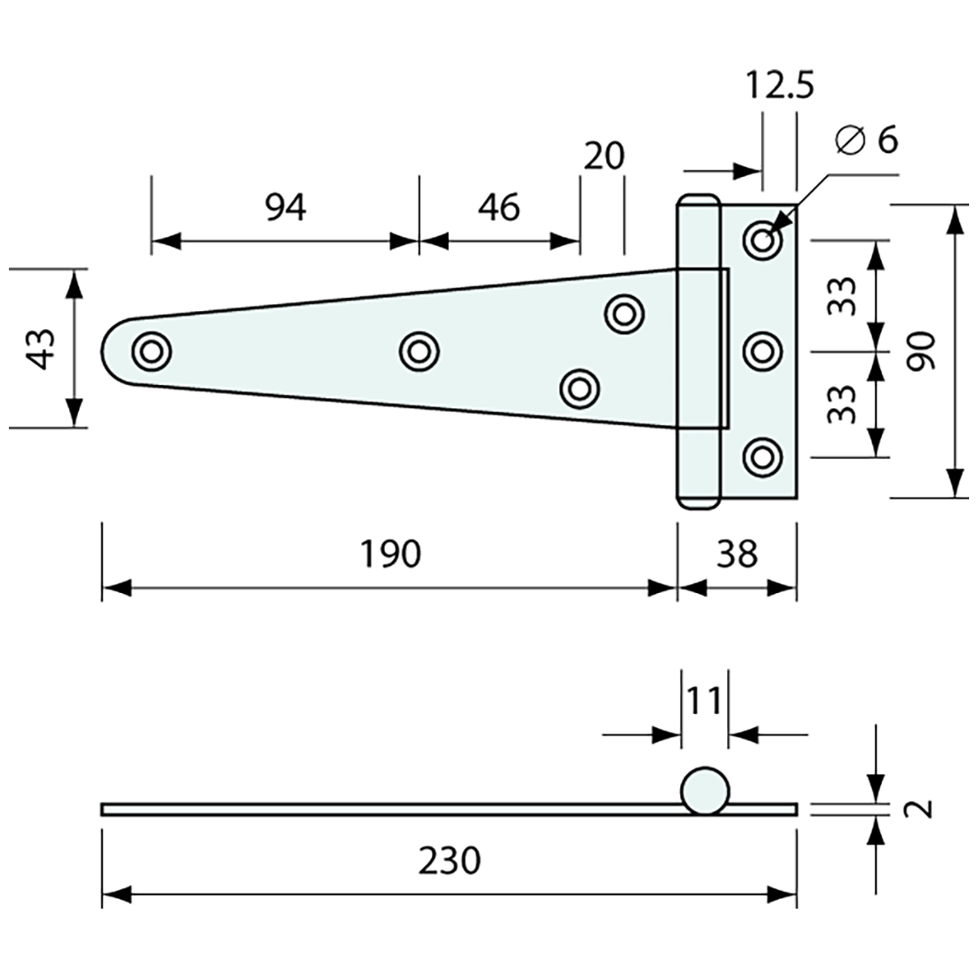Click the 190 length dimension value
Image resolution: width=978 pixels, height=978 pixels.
click(x=389, y=554)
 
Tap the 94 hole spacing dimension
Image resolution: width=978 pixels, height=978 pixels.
click(x=285, y=207)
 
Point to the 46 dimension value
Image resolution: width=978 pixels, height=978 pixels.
click(x=498, y=207)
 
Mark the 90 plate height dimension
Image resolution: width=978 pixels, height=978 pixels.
click(x=922, y=351)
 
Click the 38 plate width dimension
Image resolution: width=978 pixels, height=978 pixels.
click(x=737, y=554)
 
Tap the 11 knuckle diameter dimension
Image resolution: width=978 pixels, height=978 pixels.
click(x=704, y=701)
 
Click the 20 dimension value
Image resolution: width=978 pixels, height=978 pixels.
click(x=605, y=156)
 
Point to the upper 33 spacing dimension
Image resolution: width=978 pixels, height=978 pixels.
click(x=843, y=295)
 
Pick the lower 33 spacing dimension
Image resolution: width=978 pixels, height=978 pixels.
click(x=843, y=404)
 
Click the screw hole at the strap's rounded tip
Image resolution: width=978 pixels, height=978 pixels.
click(x=151, y=350)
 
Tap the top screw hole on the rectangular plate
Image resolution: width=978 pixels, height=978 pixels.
click(x=762, y=240)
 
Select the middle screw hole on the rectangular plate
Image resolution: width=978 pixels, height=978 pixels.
click(x=762, y=350)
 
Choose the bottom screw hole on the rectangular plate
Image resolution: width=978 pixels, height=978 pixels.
click(x=762, y=456)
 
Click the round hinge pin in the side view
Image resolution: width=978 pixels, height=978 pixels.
click(x=705, y=790)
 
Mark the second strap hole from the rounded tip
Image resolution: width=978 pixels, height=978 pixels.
click(x=419, y=350)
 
